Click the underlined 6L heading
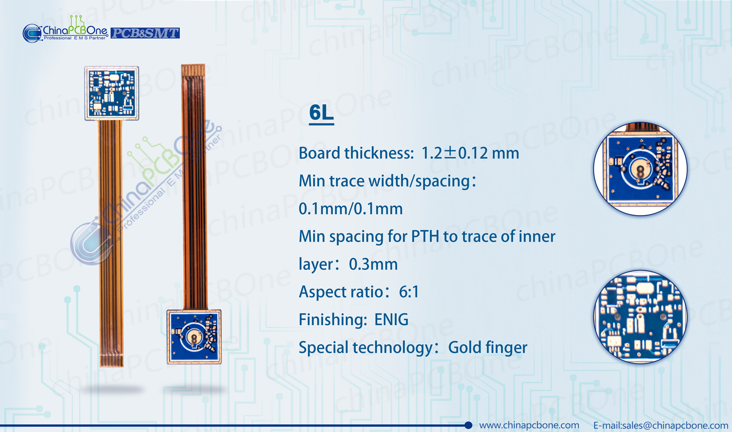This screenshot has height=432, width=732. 322,113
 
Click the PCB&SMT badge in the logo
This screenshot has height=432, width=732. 145,33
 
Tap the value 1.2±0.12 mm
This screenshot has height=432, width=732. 470,153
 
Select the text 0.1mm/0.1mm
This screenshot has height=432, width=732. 351,209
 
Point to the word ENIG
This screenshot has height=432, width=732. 391,320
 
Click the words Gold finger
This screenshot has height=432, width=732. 488,348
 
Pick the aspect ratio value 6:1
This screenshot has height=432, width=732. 409,292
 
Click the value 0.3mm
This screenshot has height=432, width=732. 373,264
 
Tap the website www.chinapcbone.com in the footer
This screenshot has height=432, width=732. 529,425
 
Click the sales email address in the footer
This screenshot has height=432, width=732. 661,425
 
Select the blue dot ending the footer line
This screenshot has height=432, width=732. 468,425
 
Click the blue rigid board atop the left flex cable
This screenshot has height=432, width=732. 112,94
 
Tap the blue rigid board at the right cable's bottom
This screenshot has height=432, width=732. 194,336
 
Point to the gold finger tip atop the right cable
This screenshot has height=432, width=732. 193,70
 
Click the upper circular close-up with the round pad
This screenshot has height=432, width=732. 640,169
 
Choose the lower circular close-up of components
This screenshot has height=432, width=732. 640,317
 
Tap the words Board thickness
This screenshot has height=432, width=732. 356,153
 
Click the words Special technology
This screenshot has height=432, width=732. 366,348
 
